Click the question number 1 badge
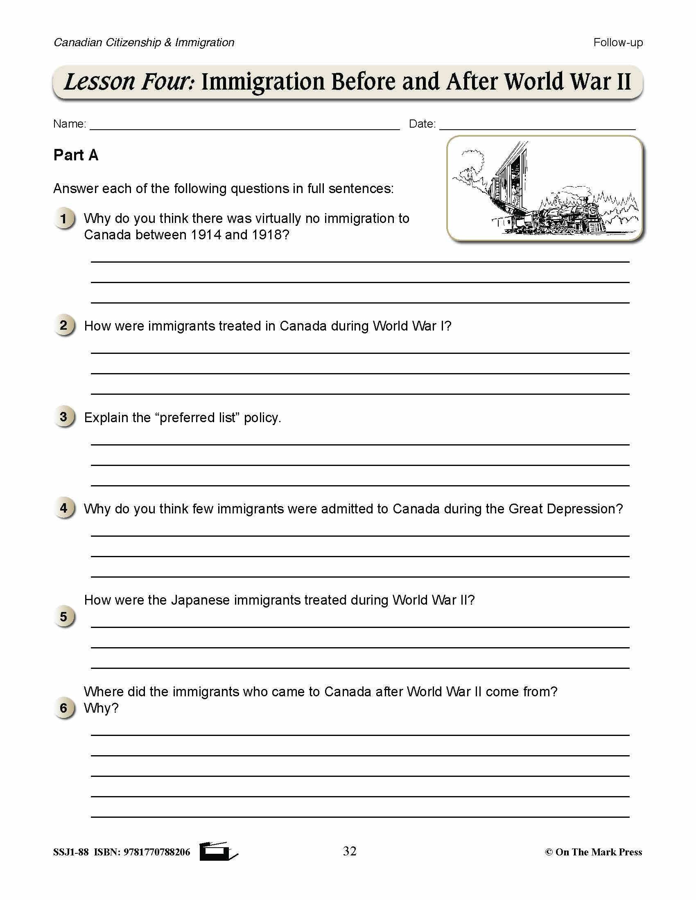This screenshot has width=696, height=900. coord(64,218)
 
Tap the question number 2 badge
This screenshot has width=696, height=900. coord(64,326)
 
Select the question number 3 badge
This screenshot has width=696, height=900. coord(64,417)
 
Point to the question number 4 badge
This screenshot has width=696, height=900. coord(64,508)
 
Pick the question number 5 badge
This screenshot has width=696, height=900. coord(64,617)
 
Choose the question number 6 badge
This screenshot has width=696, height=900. coord(64,708)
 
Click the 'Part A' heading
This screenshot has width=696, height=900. coord(76,155)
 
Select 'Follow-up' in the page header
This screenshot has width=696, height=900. coord(618,43)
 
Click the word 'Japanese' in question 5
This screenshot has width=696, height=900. coord(200,600)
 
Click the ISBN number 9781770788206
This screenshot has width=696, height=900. coord(157,852)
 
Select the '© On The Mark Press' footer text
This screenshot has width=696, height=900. coord(593,852)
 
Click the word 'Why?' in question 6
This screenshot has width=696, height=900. coord(101,708)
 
